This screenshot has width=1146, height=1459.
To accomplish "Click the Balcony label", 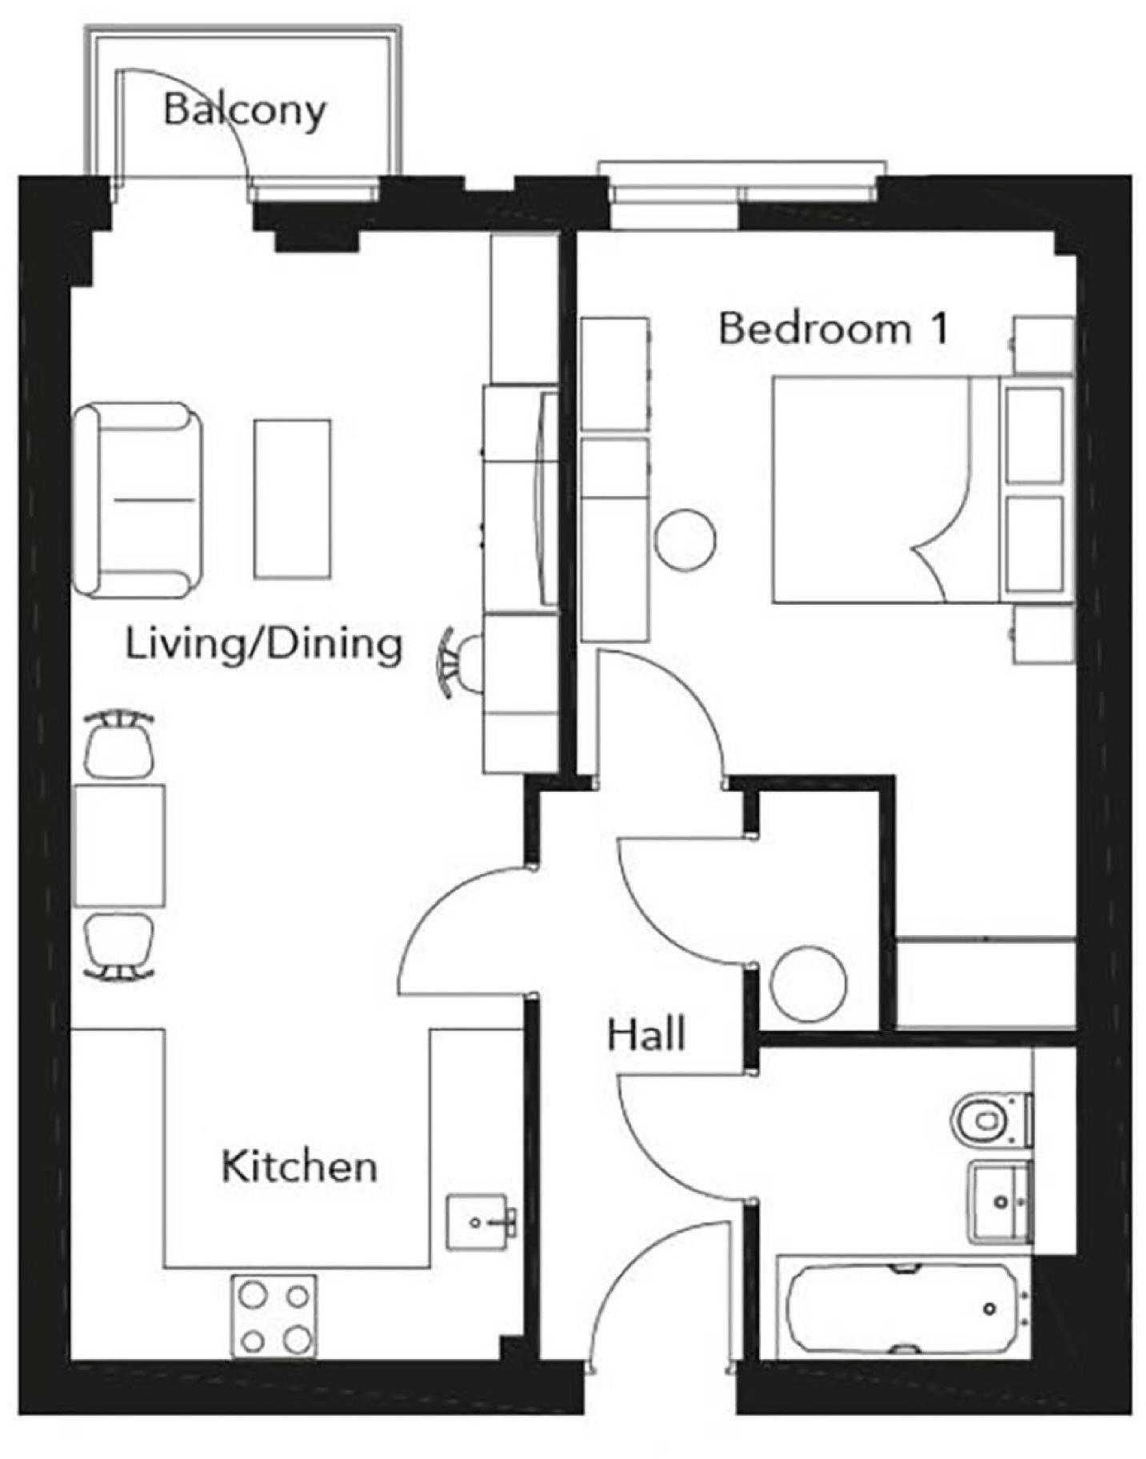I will [x=244, y=110].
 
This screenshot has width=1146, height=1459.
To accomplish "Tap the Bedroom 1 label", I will [x=833, y=328].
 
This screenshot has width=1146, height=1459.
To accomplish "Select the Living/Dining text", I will [x=263, y=644].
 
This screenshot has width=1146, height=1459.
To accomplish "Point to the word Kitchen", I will [x=299, y=1166].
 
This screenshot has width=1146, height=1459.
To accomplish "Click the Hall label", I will [x=645, y=1034].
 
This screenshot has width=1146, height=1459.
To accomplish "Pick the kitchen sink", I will [x=478, y=1221].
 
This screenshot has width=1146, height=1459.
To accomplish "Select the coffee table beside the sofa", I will [x=292, y=498].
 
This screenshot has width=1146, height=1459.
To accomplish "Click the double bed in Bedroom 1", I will [x=884, y=490].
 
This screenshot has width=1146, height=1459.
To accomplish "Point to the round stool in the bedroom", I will [x=685, y=540].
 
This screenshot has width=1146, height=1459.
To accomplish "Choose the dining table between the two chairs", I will [x=119, y=845].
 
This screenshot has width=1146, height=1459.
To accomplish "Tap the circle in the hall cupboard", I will [x=809, y=983].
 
